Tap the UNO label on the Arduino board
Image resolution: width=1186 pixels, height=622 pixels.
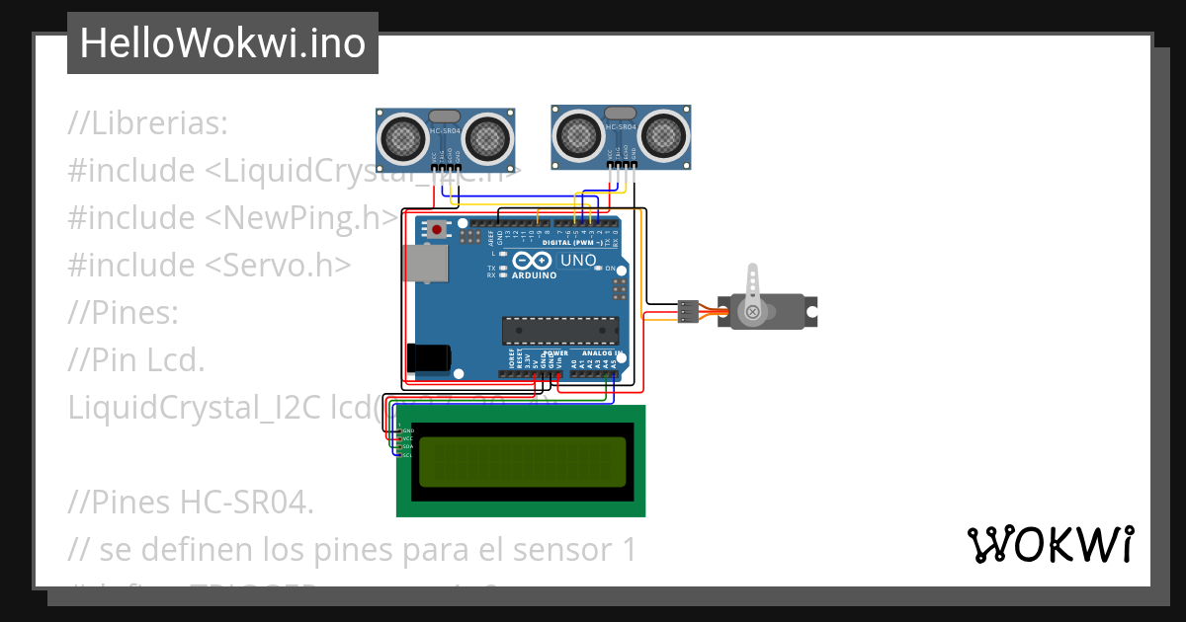[x=579, y=261]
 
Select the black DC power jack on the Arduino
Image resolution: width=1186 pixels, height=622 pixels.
[x=430, y=357]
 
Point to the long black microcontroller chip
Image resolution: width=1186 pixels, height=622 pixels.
[x=559, y=331]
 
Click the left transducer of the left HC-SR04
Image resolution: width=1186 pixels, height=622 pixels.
[x=402, y=137]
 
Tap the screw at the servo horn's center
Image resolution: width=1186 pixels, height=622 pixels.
[x=753, y=312]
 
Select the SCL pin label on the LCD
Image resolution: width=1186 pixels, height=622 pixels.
[x=406, y=455]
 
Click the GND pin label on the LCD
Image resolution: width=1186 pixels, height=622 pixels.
[x=407, y=431]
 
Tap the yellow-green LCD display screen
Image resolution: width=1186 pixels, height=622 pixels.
[x=521, y=461]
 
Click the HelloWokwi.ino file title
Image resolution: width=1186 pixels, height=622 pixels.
[x=222, y=43]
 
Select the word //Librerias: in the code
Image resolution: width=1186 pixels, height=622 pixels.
[x=148, y=123]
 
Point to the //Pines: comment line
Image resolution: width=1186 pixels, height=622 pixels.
[x=124, y=313]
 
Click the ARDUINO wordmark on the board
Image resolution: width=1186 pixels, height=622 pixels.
[x=535, y=275]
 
